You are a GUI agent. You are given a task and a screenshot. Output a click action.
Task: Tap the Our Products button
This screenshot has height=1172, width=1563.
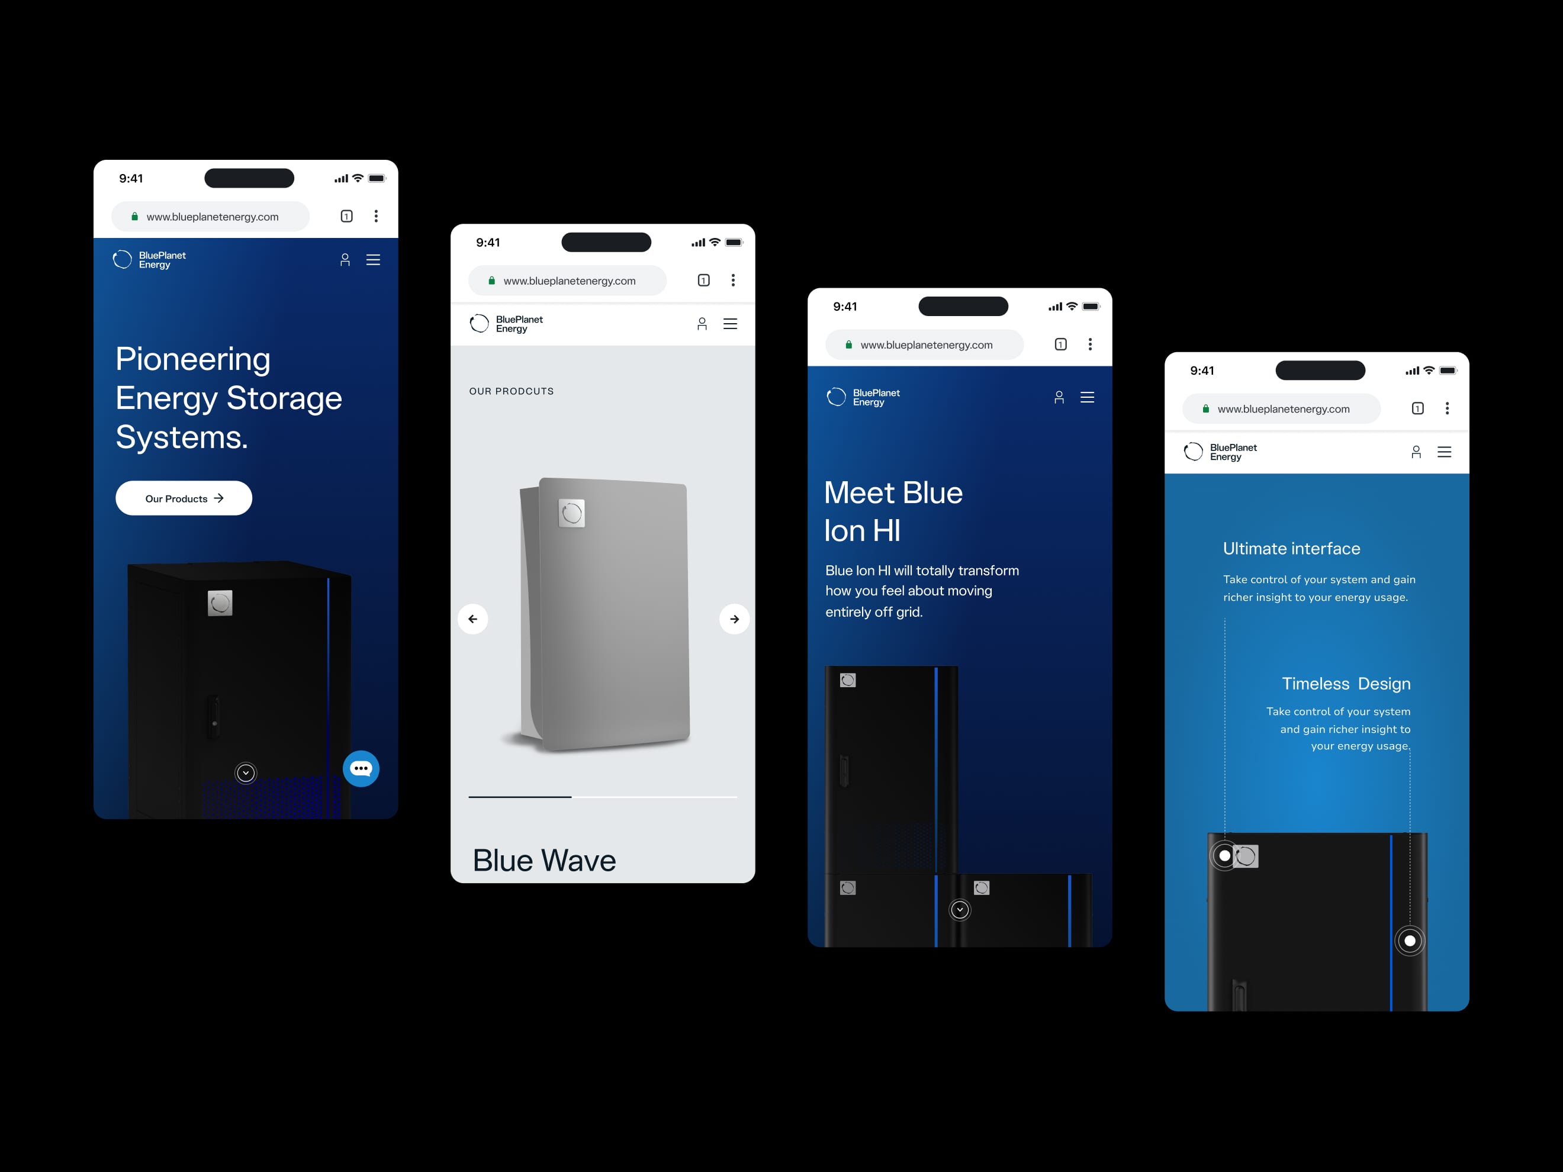184,498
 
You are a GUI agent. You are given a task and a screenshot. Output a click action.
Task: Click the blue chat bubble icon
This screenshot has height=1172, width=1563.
361,769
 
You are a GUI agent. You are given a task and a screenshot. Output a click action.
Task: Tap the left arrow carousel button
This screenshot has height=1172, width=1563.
472,619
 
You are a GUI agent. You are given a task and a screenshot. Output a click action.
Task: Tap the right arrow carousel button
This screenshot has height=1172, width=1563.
735,619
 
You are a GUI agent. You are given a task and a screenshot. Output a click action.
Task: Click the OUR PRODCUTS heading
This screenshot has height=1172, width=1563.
512,391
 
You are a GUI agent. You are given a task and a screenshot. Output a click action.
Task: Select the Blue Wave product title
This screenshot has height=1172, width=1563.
544,861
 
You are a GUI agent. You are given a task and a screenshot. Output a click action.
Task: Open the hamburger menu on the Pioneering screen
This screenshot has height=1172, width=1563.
373,260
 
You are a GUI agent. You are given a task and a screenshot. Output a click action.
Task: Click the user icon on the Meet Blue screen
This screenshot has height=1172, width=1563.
1059,397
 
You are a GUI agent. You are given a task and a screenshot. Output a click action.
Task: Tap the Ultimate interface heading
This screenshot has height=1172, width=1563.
1292,548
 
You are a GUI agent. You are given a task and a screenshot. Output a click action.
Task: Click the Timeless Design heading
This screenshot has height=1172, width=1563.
1346,683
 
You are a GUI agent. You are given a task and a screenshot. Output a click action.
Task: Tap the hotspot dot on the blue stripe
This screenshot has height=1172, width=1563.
1410,941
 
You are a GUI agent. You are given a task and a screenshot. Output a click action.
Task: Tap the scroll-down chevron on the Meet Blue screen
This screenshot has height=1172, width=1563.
960,909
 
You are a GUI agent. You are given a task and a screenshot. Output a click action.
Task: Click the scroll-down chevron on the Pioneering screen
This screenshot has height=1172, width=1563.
246,773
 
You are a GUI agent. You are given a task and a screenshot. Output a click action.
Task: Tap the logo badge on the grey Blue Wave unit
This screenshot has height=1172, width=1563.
572,513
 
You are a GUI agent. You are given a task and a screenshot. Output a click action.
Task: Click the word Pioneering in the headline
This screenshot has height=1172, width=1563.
193,359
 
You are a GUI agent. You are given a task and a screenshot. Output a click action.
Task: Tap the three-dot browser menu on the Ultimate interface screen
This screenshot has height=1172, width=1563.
1447,408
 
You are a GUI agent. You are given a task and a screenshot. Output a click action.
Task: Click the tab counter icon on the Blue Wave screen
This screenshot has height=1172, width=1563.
704,281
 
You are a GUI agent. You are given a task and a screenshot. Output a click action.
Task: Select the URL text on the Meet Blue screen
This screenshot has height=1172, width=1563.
927,344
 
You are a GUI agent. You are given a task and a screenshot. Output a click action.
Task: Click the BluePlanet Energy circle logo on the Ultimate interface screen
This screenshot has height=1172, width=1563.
1194,452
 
